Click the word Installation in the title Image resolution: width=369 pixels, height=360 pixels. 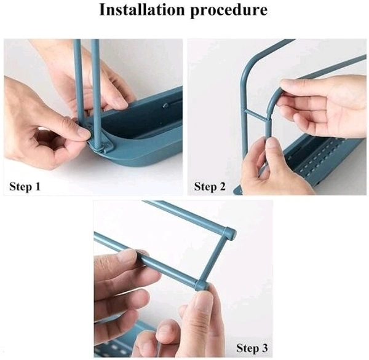click(x=141, y=10)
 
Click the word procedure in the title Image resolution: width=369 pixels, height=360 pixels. click(x=229, y=11)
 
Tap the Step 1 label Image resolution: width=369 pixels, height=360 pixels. click(x=25, y=187)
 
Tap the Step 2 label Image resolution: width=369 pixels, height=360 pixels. click(x=210, y=187)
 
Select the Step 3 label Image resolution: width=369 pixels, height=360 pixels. click(x=252, y=348)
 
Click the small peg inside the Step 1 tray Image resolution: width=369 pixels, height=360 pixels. click(x=166, y=105)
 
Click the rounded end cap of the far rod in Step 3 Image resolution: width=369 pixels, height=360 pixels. click(x=230, y=233)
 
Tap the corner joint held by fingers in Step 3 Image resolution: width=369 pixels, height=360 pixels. click(x=202, y=285)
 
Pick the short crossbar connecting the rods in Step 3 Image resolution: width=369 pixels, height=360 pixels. click(x=215, y=259)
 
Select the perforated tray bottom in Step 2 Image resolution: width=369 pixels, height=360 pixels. click(x=322, y=160)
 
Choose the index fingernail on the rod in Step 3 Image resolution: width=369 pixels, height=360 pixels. click(x=128, y=254)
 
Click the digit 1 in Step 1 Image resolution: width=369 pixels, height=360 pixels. click(x=37, y=186)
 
